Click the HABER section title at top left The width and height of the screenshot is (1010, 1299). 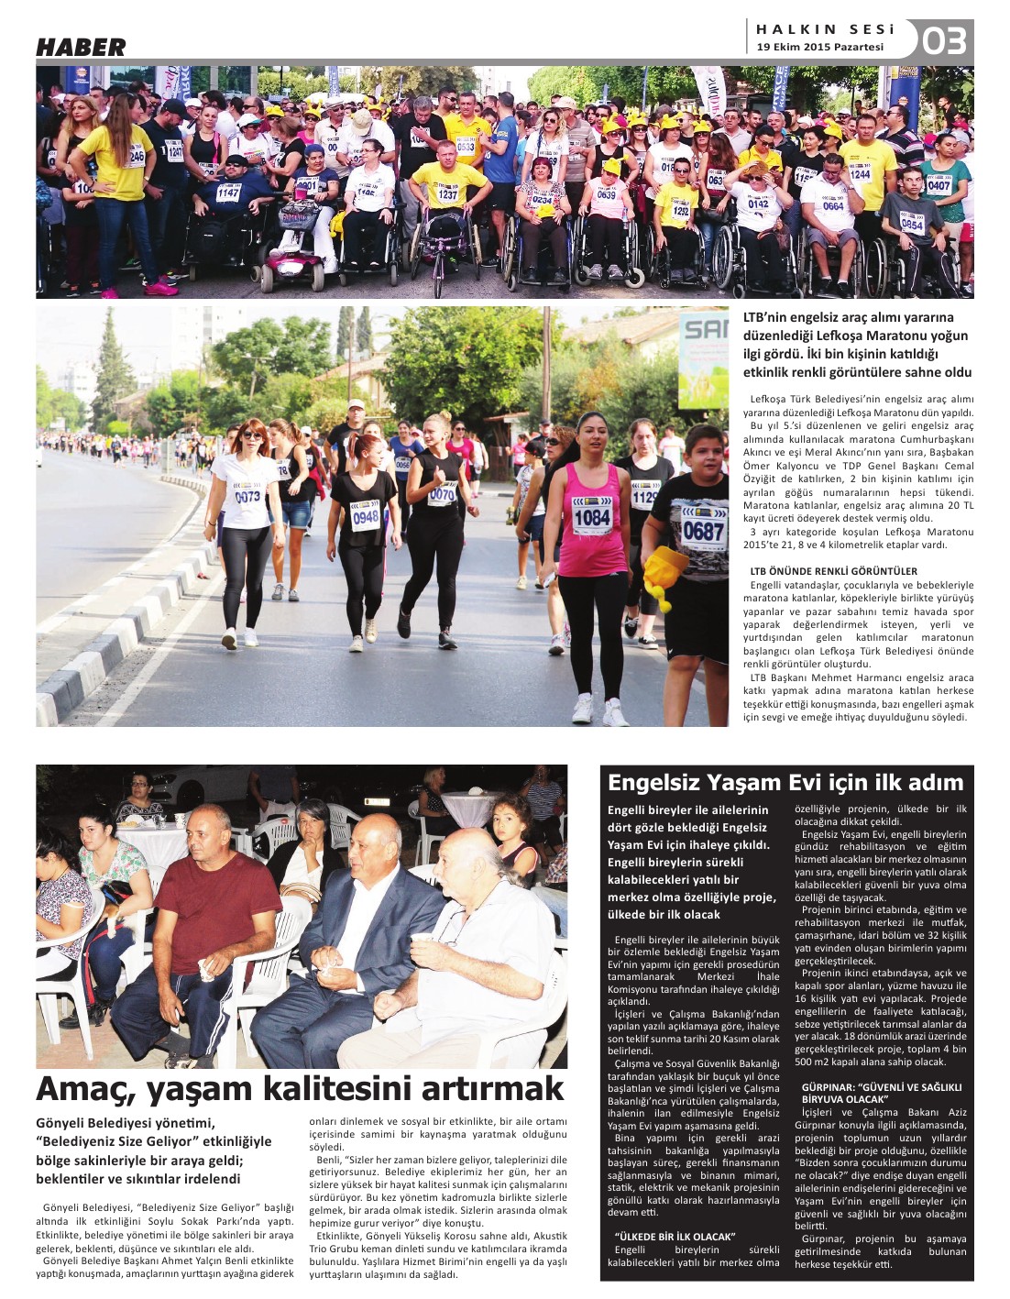tap(81, 48)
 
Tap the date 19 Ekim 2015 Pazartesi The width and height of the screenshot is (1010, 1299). tap(820, 48)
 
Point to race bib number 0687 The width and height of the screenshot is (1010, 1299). tap(703, 529)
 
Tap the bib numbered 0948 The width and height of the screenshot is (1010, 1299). tap(365, 518)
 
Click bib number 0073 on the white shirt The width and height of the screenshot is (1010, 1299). tap(247, 496)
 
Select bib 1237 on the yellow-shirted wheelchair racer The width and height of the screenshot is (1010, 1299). tap(447, 193)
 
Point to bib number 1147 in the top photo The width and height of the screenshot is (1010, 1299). tap(227, 193)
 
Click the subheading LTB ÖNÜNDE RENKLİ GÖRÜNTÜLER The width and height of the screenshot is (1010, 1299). tap(833, 571)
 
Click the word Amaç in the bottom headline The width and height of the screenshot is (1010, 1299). tap(78, 1088)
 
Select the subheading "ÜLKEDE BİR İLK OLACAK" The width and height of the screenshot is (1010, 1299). tap(675, 1237)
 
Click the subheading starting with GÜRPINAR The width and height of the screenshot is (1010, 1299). tap(880, 1092)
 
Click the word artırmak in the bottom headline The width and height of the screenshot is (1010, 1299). tap(493, 1088)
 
